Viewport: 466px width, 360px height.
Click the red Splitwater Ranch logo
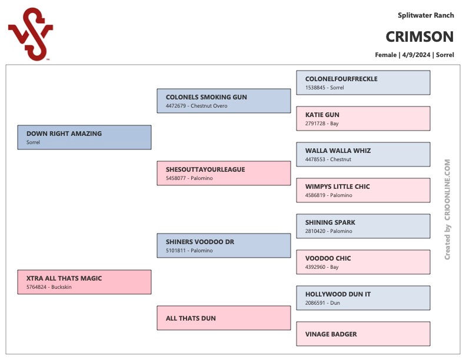coord(31,34)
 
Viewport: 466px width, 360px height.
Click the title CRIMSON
coord(420,37)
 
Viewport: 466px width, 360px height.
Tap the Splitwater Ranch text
coord(426,15)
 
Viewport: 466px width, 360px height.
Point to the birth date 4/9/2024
coord(416,55)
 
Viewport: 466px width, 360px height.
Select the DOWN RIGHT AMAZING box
coord(84,137)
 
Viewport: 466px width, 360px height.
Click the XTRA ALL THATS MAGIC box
coord(84,282)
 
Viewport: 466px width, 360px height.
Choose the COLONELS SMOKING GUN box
coord(224,101)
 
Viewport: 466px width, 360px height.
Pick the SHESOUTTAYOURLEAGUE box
coord(224,173)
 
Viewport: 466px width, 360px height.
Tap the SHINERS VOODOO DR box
coord(224,245)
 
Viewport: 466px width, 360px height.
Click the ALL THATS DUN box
coord(224,318)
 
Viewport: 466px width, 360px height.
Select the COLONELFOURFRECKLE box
coord(363,82)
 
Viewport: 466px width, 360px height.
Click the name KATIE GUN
coord(322,115)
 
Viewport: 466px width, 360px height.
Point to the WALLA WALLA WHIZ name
coord(338,151)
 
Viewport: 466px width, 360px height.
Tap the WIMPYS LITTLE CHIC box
coord(363,190)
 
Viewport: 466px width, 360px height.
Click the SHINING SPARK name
coord(330,222)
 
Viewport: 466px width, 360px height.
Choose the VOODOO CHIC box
coord(363,262)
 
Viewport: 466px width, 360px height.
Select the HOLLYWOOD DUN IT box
coord(363,298)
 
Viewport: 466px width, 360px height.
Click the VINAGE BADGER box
coord(363,334)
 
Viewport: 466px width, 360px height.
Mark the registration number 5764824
coord(36,287)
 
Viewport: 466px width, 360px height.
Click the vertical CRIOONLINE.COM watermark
coord(447,209)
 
